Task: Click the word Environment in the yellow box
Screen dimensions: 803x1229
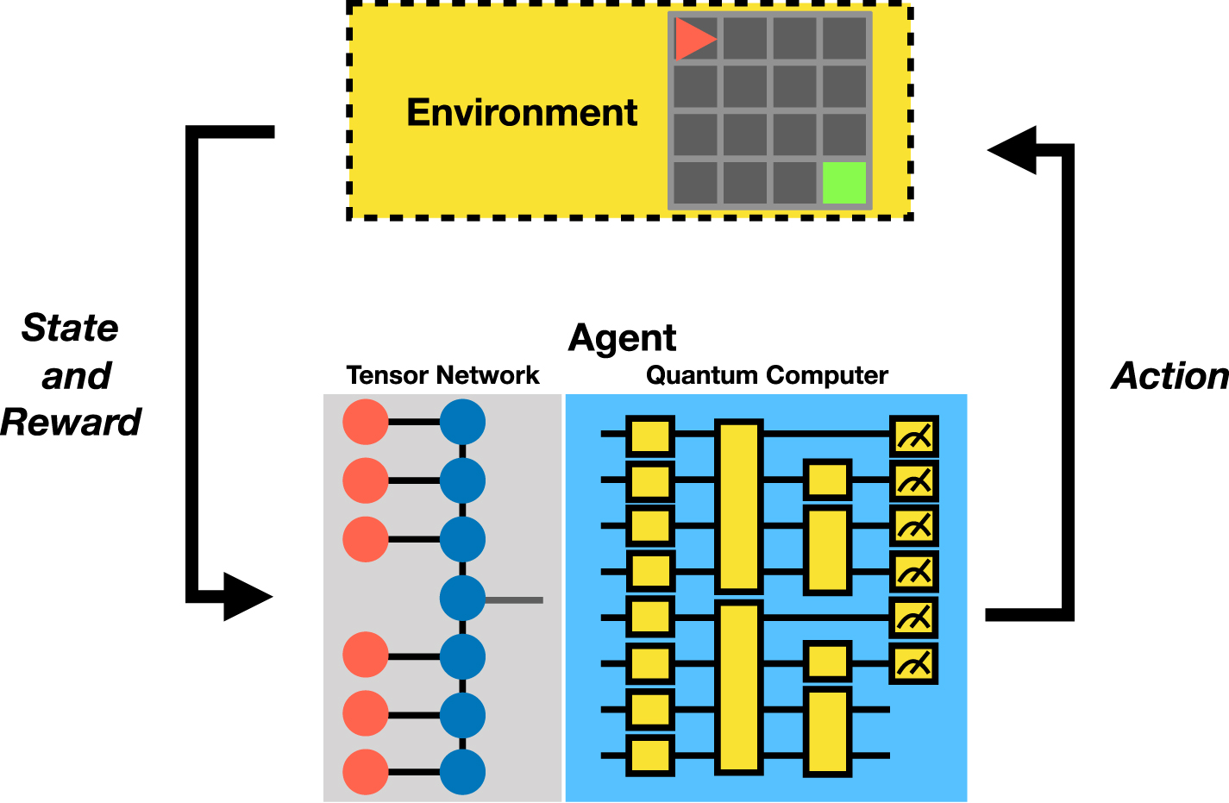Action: point(522,113)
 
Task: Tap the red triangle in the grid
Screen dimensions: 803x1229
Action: point(692,39)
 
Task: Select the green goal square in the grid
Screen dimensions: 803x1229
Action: point(843,183)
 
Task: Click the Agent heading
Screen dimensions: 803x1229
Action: point(622,338)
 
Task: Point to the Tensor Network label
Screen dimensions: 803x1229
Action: point(442,376)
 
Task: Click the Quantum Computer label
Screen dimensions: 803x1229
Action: point(767,376)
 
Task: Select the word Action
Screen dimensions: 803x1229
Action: point(1169,376)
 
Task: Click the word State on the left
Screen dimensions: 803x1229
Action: point(70,329)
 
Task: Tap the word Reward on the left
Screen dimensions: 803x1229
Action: point(71,423)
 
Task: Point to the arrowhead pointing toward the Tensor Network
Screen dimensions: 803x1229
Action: point(247,596)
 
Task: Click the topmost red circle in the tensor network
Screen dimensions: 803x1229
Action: point(366,423)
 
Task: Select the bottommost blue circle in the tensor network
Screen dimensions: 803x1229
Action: point(463,772)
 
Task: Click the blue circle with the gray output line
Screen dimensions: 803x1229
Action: point(463,599)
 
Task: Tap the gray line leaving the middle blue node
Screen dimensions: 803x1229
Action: point(516,599)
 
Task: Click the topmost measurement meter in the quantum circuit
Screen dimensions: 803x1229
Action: point(913,436)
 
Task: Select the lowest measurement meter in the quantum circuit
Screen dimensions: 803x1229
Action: point(913,663)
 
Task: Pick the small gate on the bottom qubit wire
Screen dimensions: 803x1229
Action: point(649,756)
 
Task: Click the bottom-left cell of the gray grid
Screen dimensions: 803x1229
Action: point(695,183)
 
